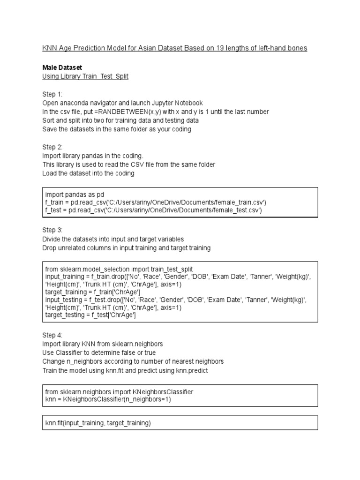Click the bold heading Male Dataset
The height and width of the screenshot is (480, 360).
(x=62, y=68)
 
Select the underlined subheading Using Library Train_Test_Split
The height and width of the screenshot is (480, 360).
(x=85, y=76)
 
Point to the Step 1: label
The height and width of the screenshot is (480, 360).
(x=52, y=94)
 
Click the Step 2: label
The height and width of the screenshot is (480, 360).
(x=52, y=147)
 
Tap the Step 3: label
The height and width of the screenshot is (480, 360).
(x=52, y=230)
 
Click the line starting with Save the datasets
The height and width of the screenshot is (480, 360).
(x=116, y=129)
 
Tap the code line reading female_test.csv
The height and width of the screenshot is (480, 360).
(x=153, y=211)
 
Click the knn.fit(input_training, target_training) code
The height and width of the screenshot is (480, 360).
(x=98, y=423)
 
